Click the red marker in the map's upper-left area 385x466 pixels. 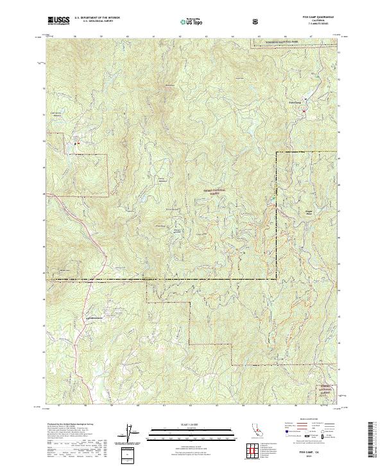(x=78, y=144)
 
